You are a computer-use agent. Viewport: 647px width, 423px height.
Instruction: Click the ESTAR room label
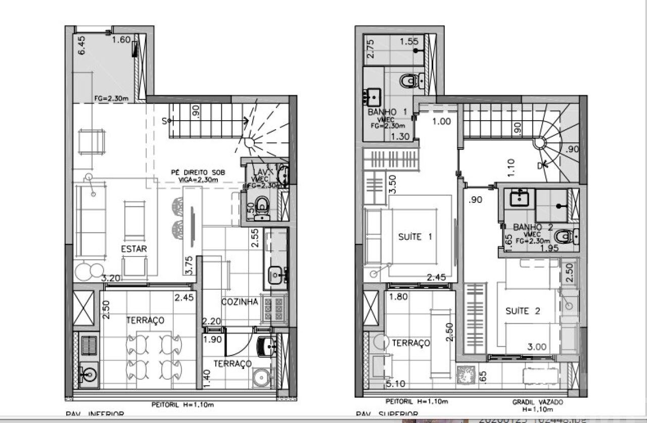(134, 249)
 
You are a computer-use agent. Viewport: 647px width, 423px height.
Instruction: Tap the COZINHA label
(240, 302)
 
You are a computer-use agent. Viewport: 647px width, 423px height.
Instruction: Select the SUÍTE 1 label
(415, 237)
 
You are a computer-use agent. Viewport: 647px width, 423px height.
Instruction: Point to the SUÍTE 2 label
(523, 311)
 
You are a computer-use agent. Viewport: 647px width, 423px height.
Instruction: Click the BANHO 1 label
(387, 112)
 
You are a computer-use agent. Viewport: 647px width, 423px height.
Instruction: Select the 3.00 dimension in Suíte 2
(536, 347)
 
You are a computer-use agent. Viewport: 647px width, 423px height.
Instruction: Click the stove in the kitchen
(274, 308)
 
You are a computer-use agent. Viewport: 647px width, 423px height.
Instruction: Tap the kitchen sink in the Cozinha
(276, 275)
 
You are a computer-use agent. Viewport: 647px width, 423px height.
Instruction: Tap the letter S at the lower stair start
(165, 121)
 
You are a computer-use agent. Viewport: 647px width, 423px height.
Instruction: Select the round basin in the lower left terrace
(89, 375)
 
